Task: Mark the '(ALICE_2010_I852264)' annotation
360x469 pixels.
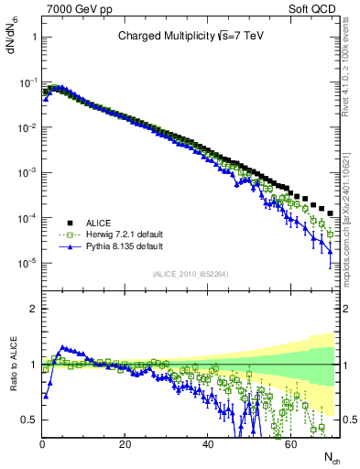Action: click(x=191, y=273)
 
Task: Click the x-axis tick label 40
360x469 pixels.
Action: click(x=208, y=443)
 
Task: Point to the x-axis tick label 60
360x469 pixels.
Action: click(x=290, y=443)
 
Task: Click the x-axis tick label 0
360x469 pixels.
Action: click(x=43, y=443)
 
